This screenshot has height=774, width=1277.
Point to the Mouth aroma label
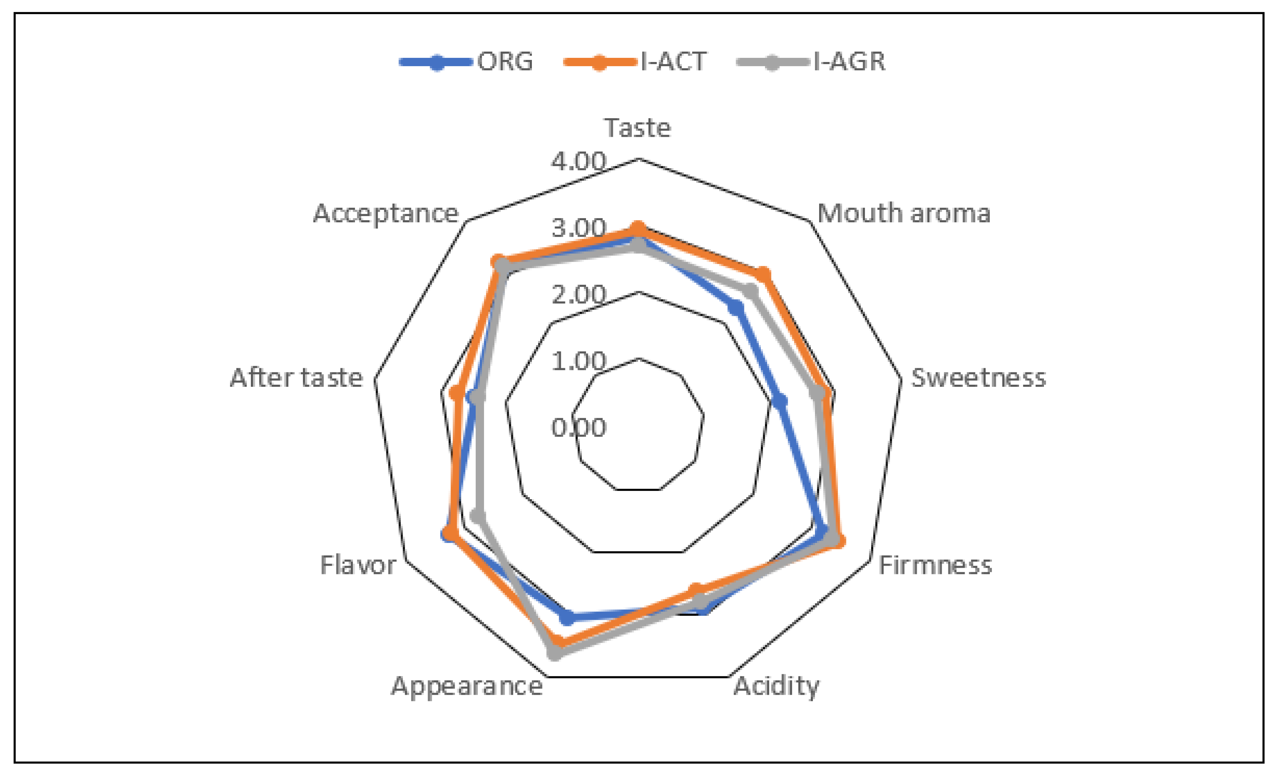click(903, 213)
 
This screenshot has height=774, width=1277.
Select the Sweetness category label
click(978, 378)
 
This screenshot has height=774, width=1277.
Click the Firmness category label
click(935, 565)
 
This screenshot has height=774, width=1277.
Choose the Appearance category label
click(467, 686)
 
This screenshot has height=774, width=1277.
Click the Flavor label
click(357, 565)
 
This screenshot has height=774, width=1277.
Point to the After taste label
click(296, 378)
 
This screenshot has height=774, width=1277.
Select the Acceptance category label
click(386, 213)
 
